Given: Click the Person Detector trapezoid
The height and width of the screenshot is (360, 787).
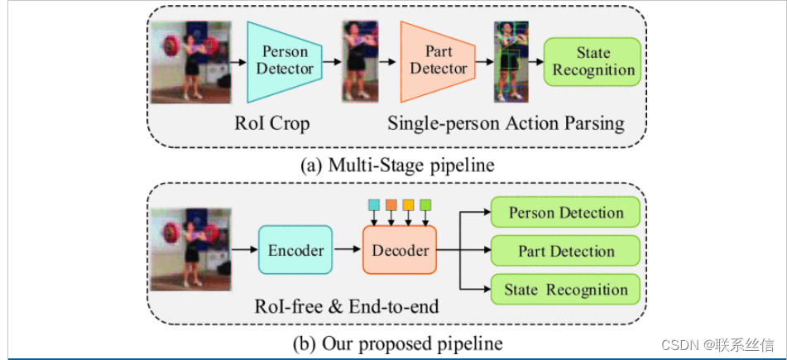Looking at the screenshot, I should [x=285, y=60].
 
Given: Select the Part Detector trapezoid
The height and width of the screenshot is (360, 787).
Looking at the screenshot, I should [x=438, y=60].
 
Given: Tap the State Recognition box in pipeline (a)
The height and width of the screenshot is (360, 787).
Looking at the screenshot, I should [x=593, y=61].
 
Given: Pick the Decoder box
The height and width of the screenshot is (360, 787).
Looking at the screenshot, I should [x=400, y=250].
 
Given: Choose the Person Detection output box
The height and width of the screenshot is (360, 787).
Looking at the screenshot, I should [x=566, y=213].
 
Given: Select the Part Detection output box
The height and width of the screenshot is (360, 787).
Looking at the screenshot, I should [x=566, y=251].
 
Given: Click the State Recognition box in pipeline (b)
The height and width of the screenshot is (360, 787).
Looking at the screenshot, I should [x=566, y=290].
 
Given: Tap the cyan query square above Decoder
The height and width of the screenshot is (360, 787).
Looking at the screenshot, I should [x=374, y=204].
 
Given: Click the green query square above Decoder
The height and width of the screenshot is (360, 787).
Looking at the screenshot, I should [x=425, y=204].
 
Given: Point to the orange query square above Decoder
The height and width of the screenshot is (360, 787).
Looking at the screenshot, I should [x=391, y=204].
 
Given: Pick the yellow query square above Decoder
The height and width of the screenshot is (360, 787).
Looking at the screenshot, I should [x=409, y=204].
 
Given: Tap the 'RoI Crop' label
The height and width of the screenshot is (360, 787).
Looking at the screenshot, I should [x=272, y=124].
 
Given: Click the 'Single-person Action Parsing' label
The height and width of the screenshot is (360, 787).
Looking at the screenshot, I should [x=506, y=124].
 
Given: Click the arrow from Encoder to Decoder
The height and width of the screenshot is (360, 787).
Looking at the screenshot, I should [x=347, y=250].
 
